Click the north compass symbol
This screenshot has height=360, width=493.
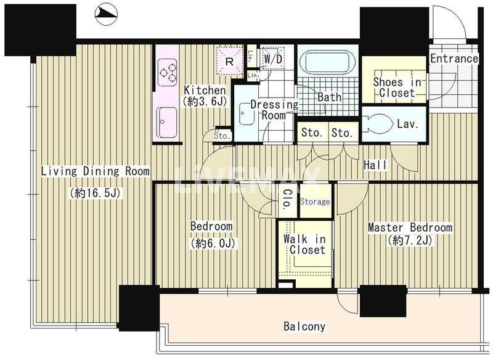pos(106,14)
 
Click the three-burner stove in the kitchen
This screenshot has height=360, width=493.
pos(167,72)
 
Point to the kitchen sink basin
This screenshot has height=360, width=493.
pos(167,122)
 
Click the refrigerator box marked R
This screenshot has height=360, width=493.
pos(229,61)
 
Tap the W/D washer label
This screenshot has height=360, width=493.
pos(273,59)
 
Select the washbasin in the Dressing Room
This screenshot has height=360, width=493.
pos(247,113)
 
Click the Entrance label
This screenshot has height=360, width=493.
pos(454,59)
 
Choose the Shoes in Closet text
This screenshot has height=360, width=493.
pos(397,88)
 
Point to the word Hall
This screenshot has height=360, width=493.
pos(375,165)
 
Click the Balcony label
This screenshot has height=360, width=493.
pos(304,326)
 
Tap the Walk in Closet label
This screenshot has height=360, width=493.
pos(304,244)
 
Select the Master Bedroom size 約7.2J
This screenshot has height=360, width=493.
pos(410,240)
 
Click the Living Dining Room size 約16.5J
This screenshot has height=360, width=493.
pos(96,193)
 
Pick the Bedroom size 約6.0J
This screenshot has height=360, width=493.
pos(212,243)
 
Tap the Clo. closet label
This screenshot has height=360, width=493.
pos(287,199)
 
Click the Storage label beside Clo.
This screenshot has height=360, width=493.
pos(315,201)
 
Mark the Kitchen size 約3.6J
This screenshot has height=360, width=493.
pos(205,102)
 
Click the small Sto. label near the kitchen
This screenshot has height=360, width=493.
pos(222,136)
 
